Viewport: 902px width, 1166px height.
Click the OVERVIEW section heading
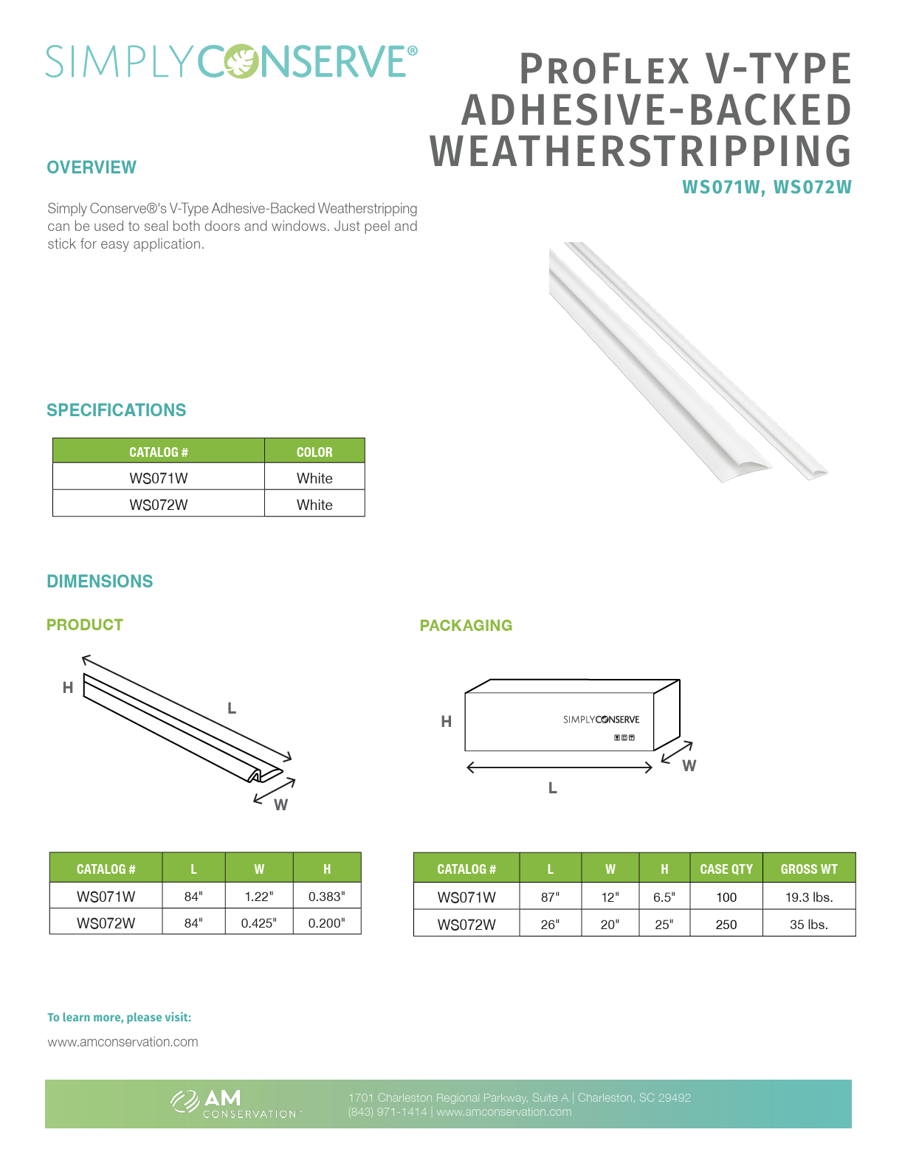(x=92, y=168)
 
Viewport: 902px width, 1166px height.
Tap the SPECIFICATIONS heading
(x=117, y=410)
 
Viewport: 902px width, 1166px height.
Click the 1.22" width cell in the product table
(x=258, y=897)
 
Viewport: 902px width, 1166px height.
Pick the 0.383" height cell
(x=326, y=897)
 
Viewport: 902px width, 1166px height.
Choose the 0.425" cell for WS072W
(x=258, y=923)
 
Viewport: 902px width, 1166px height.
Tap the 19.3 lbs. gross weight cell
(x=809, y=897)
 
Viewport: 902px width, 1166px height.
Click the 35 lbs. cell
(x=809, y=924)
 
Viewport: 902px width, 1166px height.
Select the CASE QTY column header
(x=726, y=869)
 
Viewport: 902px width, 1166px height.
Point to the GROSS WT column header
(x=809, y=869)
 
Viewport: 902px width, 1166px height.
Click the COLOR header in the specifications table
(x=314, y=452)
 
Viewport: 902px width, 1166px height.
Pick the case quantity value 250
(x=726, y=924)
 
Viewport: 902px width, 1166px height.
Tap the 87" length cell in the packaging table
(x=550, y=897)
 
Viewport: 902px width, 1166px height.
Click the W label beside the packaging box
(x=689, y=766)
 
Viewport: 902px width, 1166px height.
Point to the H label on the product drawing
(x=68, y=688)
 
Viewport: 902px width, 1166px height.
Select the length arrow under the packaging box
(x=560, y=767)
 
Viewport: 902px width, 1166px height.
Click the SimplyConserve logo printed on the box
(x=601, y=720)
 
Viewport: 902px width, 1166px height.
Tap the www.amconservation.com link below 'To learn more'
(x=123, y=1042)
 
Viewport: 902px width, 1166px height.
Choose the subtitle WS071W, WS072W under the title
(x=766, y=187)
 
